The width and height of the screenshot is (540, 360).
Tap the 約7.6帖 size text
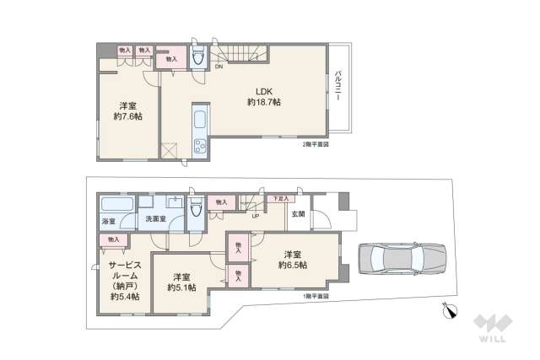tap(129, 116)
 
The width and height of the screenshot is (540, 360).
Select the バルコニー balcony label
tap(337, 86)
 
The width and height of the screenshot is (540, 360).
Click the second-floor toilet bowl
tap(197, 58)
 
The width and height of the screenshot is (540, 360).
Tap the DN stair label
tap(219, 66)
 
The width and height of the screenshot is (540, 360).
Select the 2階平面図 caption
tap(316, 144)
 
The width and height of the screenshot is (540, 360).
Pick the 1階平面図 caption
tap(316, 296)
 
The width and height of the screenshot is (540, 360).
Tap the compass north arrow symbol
tap(449, 314)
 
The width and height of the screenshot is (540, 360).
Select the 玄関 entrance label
tap(299, 214)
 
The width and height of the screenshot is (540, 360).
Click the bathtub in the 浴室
tap(116, 205)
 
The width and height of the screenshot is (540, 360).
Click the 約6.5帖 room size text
tap(293, 265)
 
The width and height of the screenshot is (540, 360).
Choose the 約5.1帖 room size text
tap(181, 287)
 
